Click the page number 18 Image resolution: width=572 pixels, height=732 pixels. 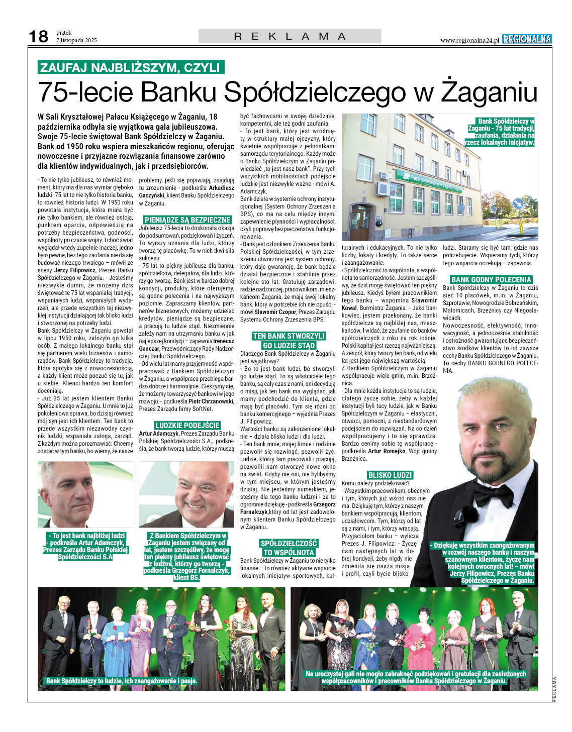pos(38,36)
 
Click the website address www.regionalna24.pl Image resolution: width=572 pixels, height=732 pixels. pos(469,40)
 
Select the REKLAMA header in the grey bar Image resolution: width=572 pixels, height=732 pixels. pos(290,36)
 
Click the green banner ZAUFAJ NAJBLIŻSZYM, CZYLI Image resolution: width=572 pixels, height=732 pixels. pos(131,67)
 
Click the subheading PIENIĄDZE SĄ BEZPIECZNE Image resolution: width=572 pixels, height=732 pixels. pos(187,220)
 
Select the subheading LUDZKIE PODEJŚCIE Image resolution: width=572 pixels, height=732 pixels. pos(187,425)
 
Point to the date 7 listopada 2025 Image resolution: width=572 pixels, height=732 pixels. pos(76,40)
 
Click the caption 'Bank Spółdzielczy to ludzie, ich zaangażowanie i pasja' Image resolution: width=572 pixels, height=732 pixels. pos(122,681)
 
